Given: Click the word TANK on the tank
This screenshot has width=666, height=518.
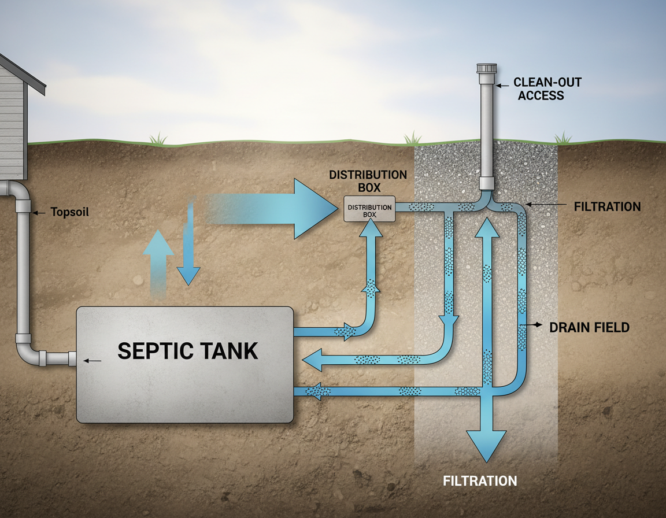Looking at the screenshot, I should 228,351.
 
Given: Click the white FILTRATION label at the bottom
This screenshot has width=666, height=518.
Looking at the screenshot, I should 480,481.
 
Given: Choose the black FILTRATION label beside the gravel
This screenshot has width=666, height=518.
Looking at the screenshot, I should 607,206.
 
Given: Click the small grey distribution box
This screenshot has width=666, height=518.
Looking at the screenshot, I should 369,209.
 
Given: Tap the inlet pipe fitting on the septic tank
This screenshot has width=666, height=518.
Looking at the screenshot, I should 72,358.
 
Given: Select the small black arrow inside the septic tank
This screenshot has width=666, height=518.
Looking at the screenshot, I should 92,361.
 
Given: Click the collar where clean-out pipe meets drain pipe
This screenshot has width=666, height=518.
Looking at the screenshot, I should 486,184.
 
